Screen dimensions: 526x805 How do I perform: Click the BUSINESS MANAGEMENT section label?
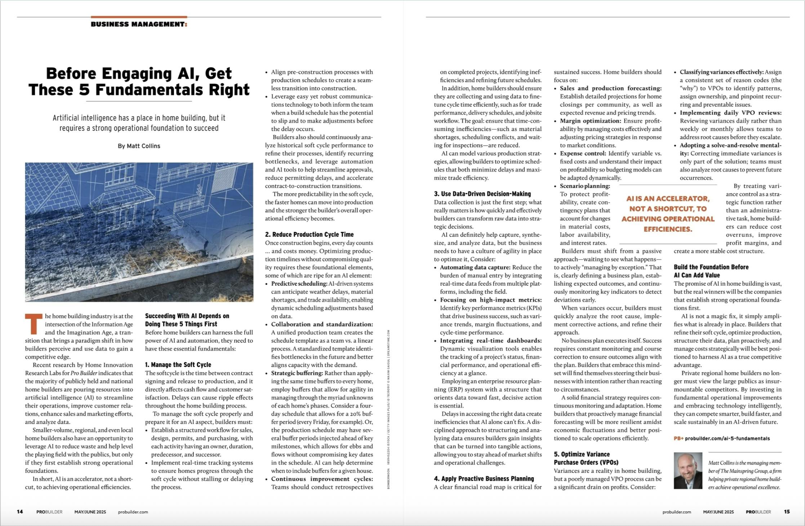(x=139, y=24)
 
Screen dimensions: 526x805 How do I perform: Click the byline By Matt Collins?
(x=139, y=146)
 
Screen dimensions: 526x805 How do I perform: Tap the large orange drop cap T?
(x=34, y=324)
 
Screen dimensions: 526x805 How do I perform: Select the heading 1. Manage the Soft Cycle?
(x=178, y=365)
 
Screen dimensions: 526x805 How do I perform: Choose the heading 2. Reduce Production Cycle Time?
(x=309, y=234)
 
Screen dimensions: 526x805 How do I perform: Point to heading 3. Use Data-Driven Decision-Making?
(x=482, y=194)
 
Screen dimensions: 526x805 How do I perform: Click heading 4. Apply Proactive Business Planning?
(x=484, y=479)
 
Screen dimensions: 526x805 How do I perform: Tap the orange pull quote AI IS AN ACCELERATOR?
(x=668, y=214)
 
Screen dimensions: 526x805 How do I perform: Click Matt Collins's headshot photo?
(x=688, y=470)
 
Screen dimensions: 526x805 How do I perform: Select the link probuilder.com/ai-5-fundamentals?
(x=727, y=438)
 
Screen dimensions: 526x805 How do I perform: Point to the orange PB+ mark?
(x=679, y=438)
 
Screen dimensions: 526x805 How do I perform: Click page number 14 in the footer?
(x=20, y=512)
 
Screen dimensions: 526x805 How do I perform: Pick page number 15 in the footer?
(x=787, y=512)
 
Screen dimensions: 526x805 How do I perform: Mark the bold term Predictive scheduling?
(x=299, y=284)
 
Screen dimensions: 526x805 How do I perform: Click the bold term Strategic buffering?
(x=297, y=373)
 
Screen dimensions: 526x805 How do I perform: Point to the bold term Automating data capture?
(x=475, y=267)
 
